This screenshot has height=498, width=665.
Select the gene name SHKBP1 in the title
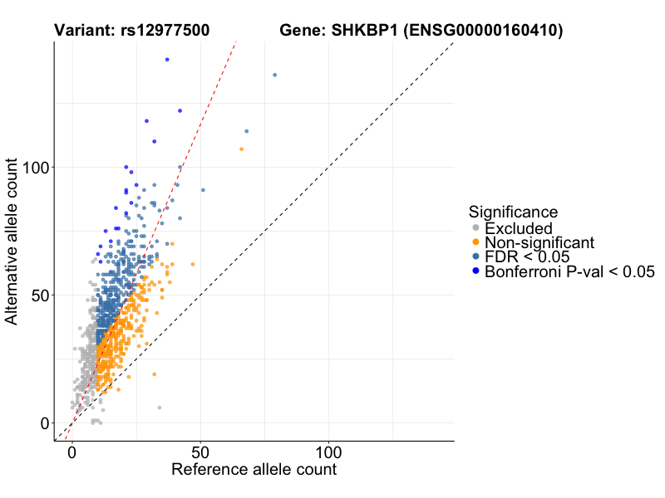tap(359, 31)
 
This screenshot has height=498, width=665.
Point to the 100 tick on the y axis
tap(36, 167)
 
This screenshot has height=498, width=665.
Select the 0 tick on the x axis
tap(71, 453)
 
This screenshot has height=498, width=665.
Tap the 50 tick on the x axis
tap(199, 453)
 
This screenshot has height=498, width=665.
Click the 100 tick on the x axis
tap(328, 453)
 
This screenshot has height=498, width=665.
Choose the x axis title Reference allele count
tap(254, 470)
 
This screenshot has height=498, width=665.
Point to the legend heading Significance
tap(513, 212)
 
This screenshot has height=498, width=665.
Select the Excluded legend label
tap(518, 228)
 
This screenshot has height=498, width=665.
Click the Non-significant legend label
tap(539, 242)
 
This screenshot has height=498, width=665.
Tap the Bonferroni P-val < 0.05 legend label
tap(570, 271)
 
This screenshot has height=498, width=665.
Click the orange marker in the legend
tap(475, 242)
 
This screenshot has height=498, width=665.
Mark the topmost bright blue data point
tap(167, 60)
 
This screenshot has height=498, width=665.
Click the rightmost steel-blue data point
tap(275, 75)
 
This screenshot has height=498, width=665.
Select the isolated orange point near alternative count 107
tap(241, 149)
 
